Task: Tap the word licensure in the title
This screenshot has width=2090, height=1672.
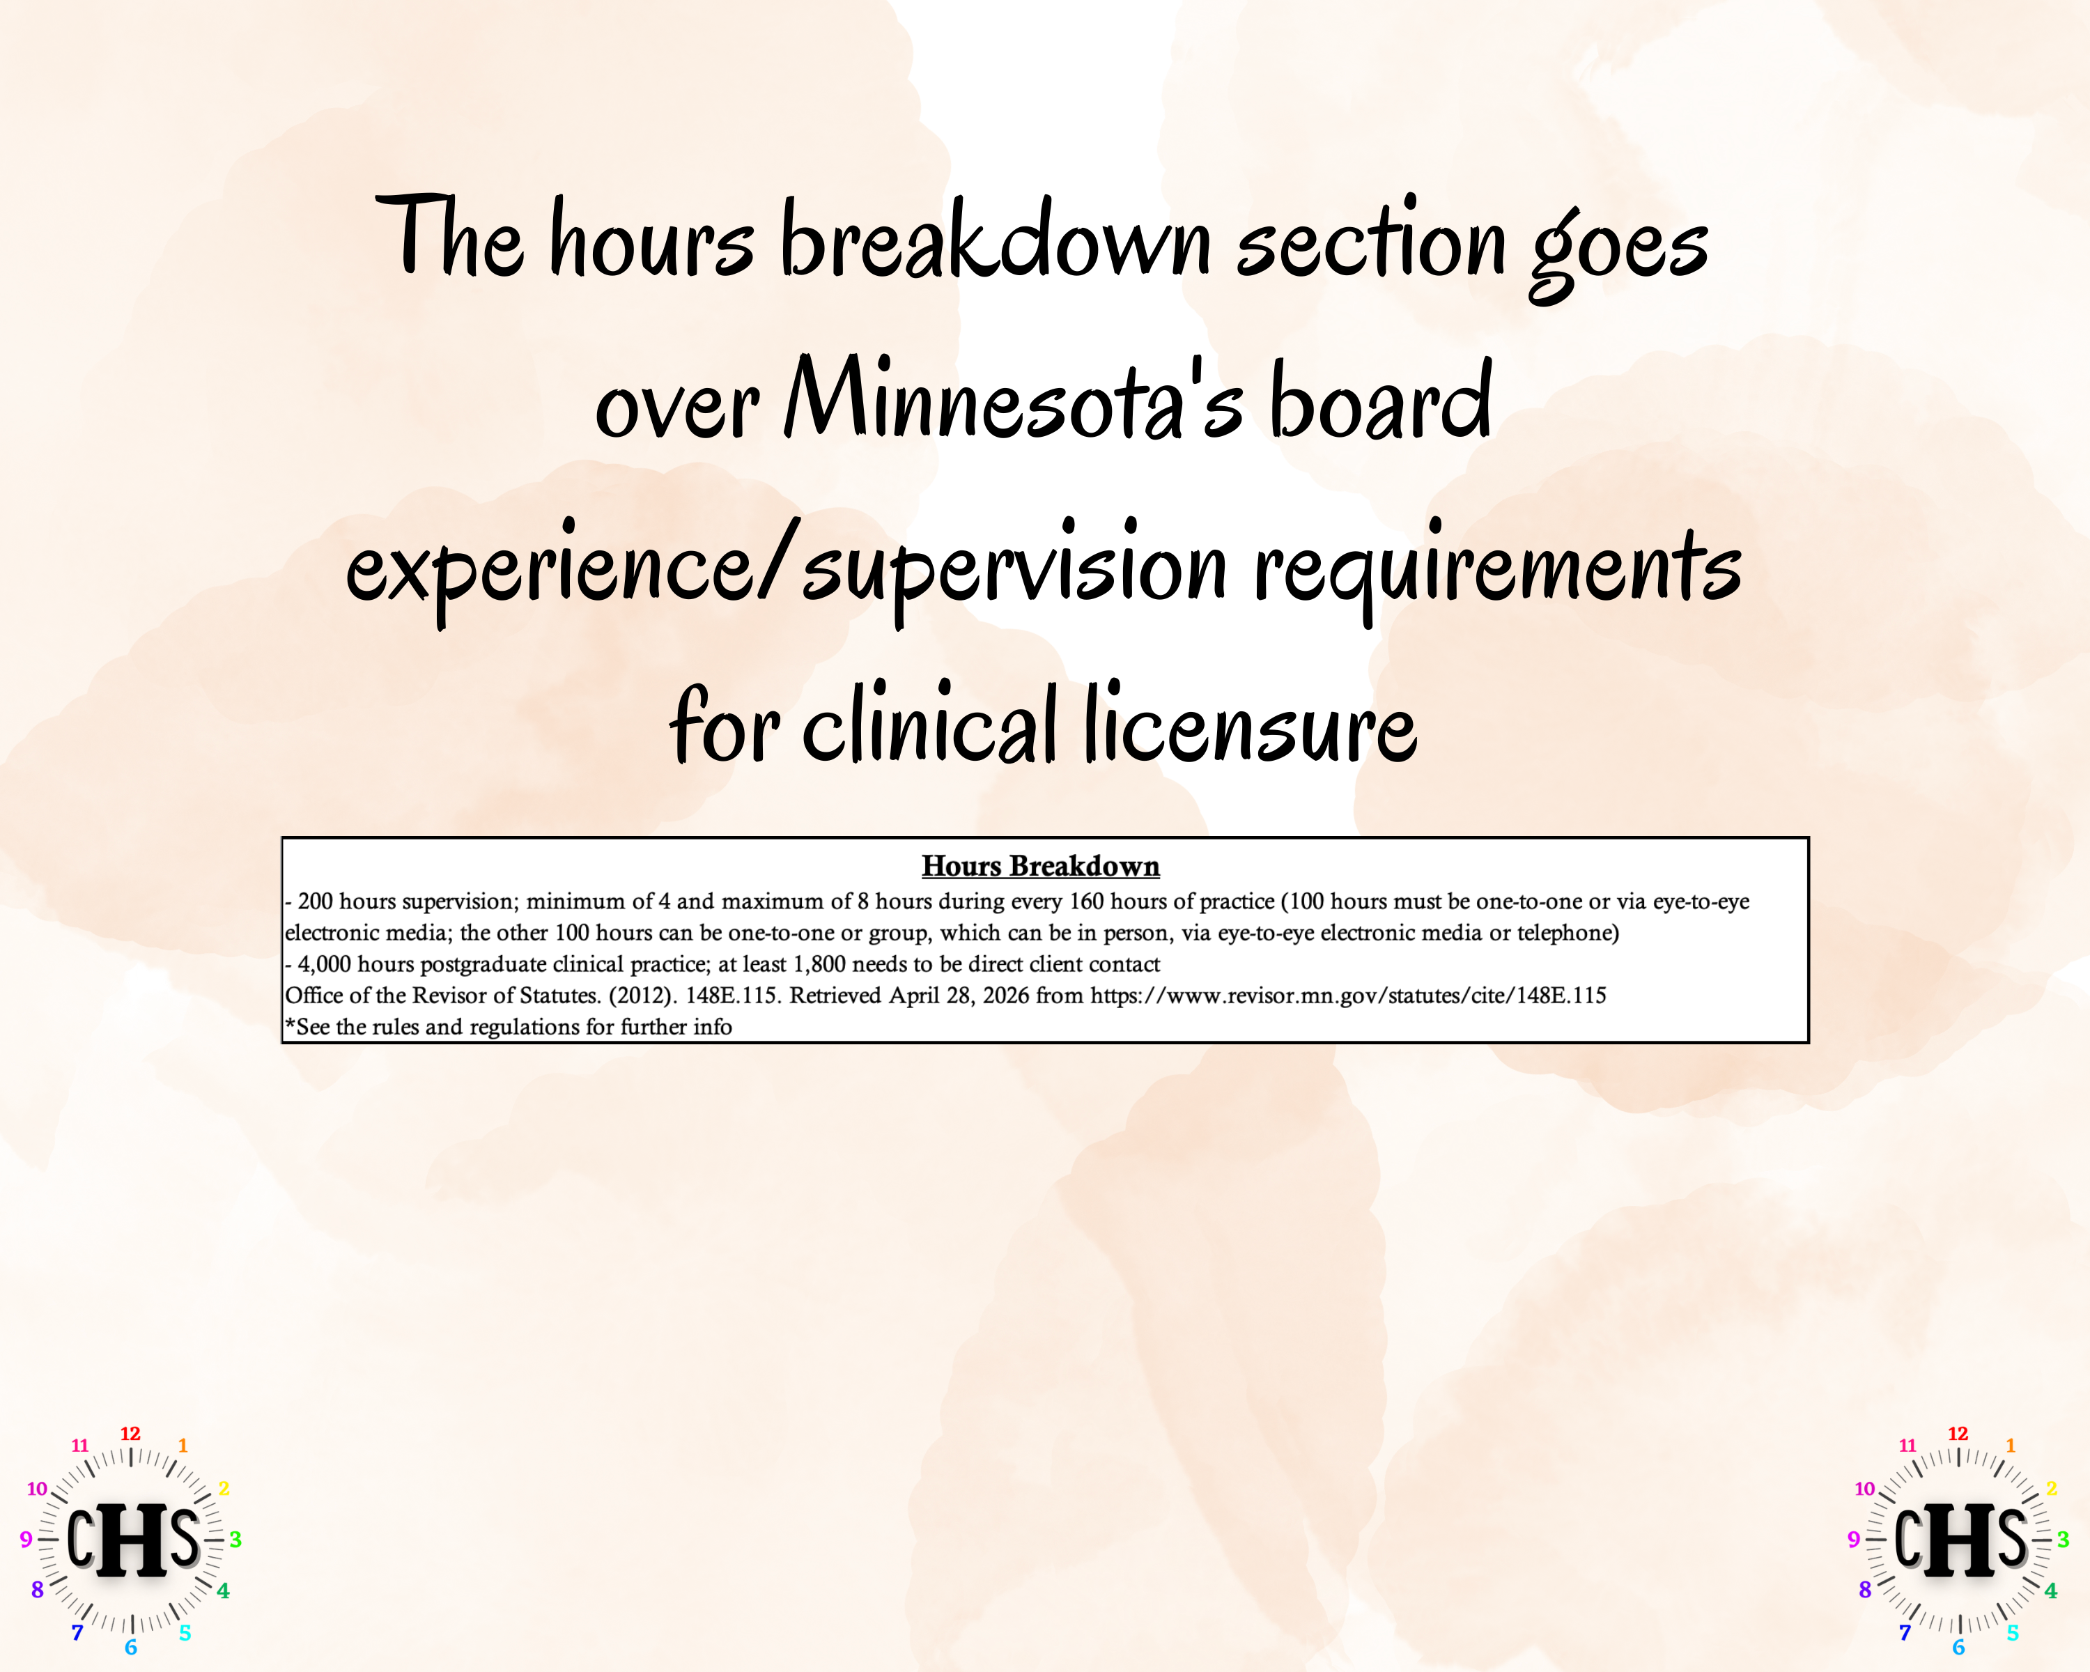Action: coord(1250,725)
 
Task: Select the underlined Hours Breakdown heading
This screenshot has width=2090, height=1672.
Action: coord(1040,865)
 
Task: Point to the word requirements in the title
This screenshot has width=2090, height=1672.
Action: coord(1498,567)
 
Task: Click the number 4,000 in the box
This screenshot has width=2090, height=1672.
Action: coord(324,964)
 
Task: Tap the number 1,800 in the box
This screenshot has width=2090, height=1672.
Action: coord(819,964)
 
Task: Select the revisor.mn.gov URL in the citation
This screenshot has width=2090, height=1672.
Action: coord(1347,996)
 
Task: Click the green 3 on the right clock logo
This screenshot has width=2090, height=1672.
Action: coord(2063,1539)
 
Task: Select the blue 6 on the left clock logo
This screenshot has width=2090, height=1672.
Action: coord(131,1648)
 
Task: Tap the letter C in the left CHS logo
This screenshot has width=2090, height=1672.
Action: coord(80,1538)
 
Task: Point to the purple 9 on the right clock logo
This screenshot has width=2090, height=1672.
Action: coord(1853,1539)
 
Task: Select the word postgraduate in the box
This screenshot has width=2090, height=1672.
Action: coord(483,964)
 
